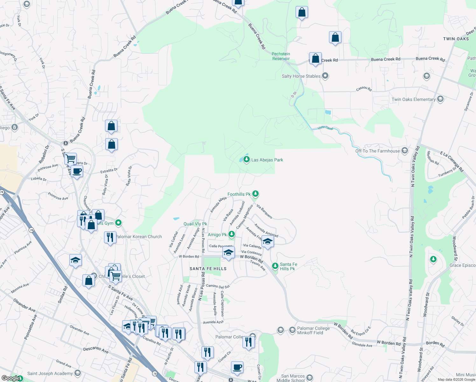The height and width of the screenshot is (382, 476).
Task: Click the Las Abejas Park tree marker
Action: coord(246,159)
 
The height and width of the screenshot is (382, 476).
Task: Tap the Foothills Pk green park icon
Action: coord(255,194)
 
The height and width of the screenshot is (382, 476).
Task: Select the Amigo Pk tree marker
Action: coord(232,235)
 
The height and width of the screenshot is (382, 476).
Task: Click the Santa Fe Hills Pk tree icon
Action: coord(275,266)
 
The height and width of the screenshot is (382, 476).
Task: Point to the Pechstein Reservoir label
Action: coord(281,56)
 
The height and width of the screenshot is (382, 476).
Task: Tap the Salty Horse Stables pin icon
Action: coord(325,76)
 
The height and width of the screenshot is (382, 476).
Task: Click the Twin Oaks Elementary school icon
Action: coord(440,99)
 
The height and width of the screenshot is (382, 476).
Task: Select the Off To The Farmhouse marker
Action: coord(405,151)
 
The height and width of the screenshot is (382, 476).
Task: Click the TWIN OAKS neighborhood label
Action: coord(456,39)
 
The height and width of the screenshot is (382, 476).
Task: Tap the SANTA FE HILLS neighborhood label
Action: coord(208,269)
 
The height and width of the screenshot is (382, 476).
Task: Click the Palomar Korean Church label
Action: coord(138,237)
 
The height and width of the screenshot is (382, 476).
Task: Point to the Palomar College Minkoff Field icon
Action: coord(292,330)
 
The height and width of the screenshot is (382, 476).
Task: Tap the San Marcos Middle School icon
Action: coord(310,378)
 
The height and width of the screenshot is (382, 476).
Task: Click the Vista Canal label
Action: coord(325,128)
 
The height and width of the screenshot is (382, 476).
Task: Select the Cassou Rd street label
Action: coord(364,89)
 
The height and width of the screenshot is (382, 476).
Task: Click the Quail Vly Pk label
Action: coord(195,224)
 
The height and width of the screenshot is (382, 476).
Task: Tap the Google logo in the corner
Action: coord(11,378)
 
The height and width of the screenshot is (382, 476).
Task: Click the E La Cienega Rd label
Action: coord(452,162)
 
